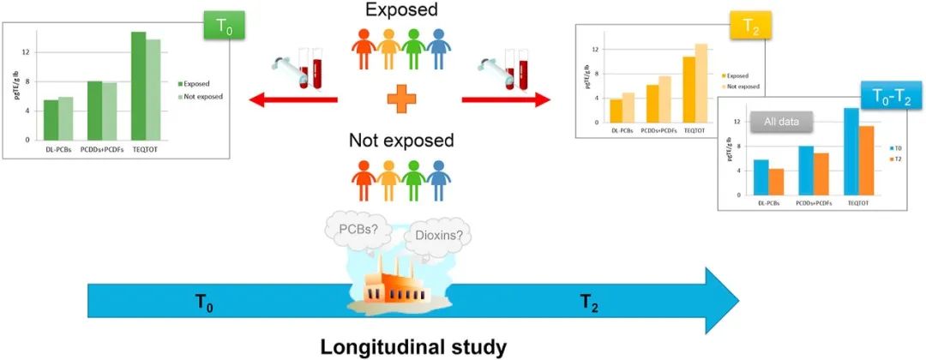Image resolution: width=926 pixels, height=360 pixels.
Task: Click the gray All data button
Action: click(781, 123)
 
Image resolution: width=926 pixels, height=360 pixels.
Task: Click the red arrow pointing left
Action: click(292, 101)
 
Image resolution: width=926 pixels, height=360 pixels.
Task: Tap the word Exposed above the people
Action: click(401, 11)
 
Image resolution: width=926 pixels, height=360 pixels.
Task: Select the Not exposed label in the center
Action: click(401, 140)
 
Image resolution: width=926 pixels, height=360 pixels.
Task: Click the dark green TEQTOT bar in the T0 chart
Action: click(138, 86)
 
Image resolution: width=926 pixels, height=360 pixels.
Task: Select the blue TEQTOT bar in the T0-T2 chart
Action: click(851, 152)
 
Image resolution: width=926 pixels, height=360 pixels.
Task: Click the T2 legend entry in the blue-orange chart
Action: click(896, 159)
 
